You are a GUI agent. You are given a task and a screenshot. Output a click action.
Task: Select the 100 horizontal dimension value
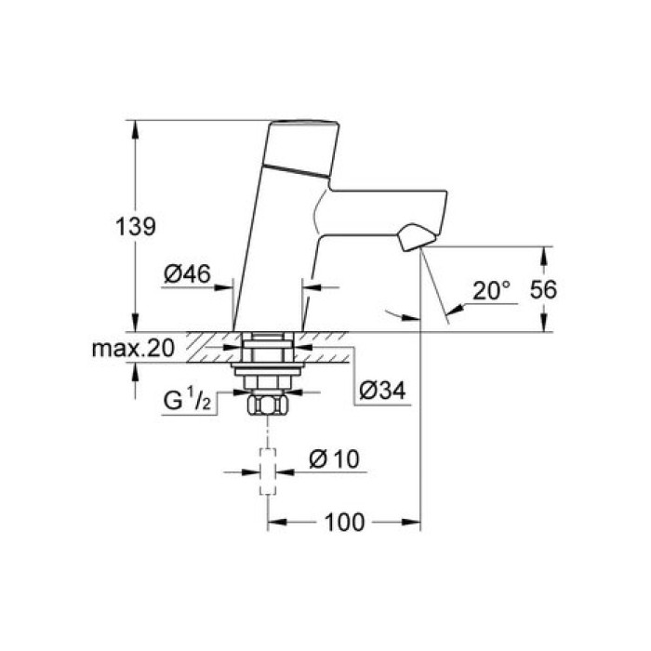point(345,523)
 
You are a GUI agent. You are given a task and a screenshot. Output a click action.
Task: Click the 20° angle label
point(492,290)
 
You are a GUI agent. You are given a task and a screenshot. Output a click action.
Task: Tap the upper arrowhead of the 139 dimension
point(137,126)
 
